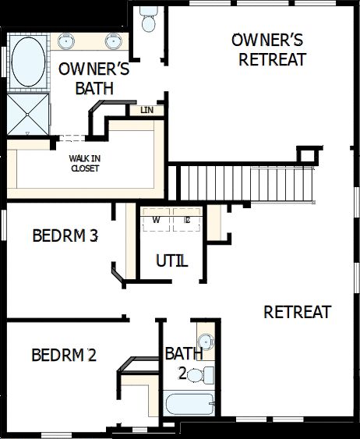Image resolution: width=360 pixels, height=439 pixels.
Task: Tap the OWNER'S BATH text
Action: click(94, 79)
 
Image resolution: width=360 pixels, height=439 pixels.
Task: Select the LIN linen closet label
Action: click(146, 110)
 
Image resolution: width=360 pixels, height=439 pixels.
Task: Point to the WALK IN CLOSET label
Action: click(84, 163)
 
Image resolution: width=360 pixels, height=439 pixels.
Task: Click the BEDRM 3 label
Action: click(65, 235)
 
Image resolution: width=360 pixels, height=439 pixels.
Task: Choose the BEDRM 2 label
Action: click(63, 356)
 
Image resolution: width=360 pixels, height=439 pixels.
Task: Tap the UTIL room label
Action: click(171, 261)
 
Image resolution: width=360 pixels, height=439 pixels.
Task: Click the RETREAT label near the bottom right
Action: click(297, 312)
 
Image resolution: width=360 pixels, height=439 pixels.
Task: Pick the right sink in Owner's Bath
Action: click(114, 41)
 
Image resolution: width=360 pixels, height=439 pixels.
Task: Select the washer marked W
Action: click(157, 220)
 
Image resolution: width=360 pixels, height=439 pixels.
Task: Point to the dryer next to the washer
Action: click(187, 220)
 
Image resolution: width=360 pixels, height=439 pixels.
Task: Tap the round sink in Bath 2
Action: click(204, 342)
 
